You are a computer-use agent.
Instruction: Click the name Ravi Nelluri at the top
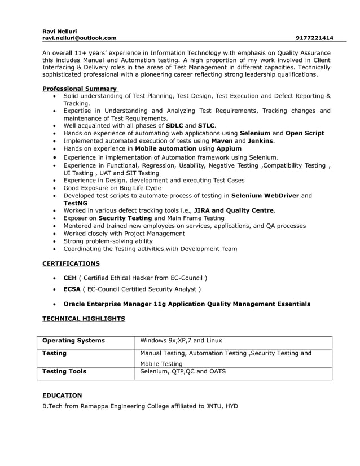pos(60,31)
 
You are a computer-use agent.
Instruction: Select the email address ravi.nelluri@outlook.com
pos(80,38)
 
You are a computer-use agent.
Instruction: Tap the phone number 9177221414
pos(314,38)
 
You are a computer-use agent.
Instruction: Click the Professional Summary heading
pos(80,89)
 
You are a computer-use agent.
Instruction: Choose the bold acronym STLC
pos(207,126)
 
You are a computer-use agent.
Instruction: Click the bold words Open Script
pos(305,133)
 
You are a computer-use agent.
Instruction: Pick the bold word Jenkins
pos(261,140)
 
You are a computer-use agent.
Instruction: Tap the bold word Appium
pos(229,148)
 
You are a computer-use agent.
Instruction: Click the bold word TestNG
pos(76,203)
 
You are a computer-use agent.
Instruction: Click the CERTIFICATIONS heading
pos(71,263)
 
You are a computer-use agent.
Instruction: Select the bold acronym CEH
pos(70,278)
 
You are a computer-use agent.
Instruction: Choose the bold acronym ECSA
pos(72,289)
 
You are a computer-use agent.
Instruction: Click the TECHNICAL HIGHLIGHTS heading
pos(84,319)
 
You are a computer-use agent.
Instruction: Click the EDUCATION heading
pos(62,395)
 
